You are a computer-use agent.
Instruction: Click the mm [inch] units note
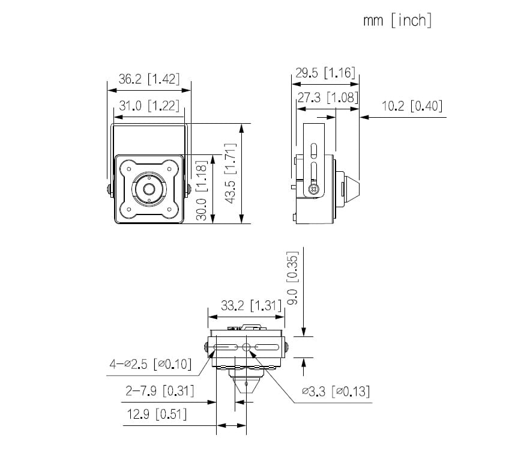pyautogui.click(x=397, y=20)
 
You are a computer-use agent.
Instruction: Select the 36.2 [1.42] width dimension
pyautogui.click(x=149, y=79)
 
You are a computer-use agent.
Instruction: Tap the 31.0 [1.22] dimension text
pyautogui.click(x=149, y=106)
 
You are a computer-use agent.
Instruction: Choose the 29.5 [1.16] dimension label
pyautogui.click(x=325, y=73)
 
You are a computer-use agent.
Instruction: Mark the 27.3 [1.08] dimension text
pyautogui.click(x=328, y=97)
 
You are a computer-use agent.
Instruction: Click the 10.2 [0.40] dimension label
pyautogui.click(x=412, y=106)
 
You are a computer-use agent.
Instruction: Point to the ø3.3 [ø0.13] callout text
pyautogui.click(x=336, y=392)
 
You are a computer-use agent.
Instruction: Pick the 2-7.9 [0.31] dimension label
pyautogui.click(x=160, y=391)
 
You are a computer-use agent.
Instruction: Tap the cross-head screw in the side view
pyautogui.click(x=312, y=189)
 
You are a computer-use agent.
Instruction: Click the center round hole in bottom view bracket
pyautogui.click(x=245, y=347)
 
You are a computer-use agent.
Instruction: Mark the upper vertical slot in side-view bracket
pyautogui.click(x=313, y=151)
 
